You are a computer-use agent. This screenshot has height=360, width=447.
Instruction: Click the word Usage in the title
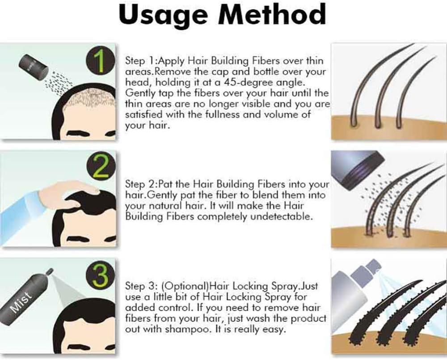point(163,15)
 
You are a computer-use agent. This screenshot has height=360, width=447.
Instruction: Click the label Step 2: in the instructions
point(141,184)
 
